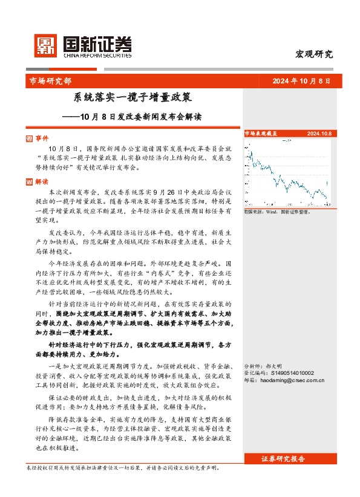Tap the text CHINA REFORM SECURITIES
click(97, 55)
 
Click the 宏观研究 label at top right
click(313, 54)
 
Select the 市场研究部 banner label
click(50, 81)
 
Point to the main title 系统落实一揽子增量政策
click(133, 97)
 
